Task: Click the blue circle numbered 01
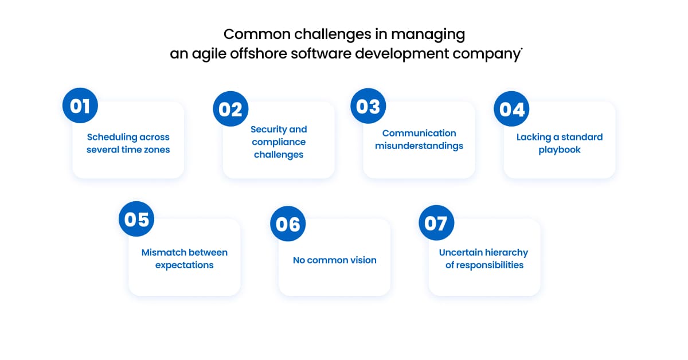pos(80,105)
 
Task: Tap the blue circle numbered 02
pos(230,109)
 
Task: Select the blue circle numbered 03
pos(368,106)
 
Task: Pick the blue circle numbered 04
pos(511,109)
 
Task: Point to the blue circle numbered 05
pos(136,219)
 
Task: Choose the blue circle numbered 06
pos(288,224)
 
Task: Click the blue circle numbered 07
pos(436,222)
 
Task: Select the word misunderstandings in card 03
pos(419,146)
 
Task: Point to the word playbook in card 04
pos(560,150)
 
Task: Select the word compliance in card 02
pos(279,142)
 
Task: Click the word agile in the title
pos(209,54)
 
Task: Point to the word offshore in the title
pos(259,53)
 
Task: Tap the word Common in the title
pos(257,34)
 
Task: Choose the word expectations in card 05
pos(184,265)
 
